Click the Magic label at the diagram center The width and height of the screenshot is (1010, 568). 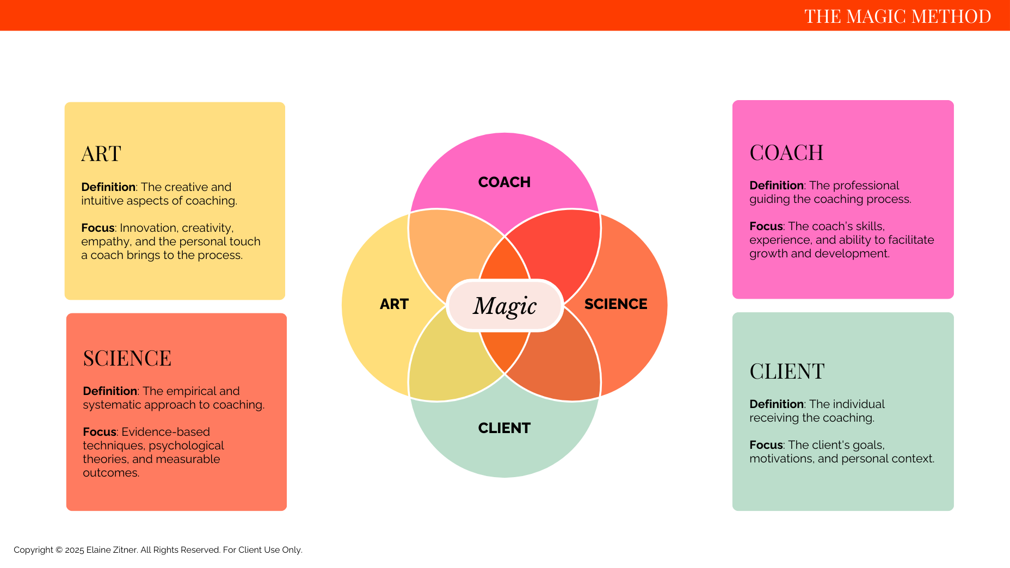pyautogui.click(x=505, y=306)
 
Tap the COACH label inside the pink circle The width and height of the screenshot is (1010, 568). pyautogui.click(x=504, y=182)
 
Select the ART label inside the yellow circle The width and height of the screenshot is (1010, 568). pyautogui.click(x=394, y=304)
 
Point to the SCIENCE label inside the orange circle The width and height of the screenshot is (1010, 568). pyautogui.click(x=615, y=304)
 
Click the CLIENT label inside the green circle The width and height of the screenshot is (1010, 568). pyautogui.click(x=504, y=428)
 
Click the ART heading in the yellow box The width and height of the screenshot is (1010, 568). pyautogui.click(x=101, y=154)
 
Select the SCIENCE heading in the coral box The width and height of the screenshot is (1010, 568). pyautogui.click(x=127, y=359)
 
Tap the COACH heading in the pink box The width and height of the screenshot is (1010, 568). pyautogui.click(x=786, y=153)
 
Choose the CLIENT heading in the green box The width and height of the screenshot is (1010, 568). pyautogui.click(x=787, y=372)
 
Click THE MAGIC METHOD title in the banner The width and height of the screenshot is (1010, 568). pyautogui.click(x=897, y=16)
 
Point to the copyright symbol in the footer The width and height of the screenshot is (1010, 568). pyautogui.click(x=58, y=550)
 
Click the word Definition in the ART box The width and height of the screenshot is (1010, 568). pyautogui.click(x=108, y=187)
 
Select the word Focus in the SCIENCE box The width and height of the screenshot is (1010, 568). pyautogui.click(x=100, y=432)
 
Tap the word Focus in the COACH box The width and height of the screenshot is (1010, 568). pyautogui.click(x=766, y=226)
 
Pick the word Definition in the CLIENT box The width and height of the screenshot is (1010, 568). pyautogui.click(x=777, y=404)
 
